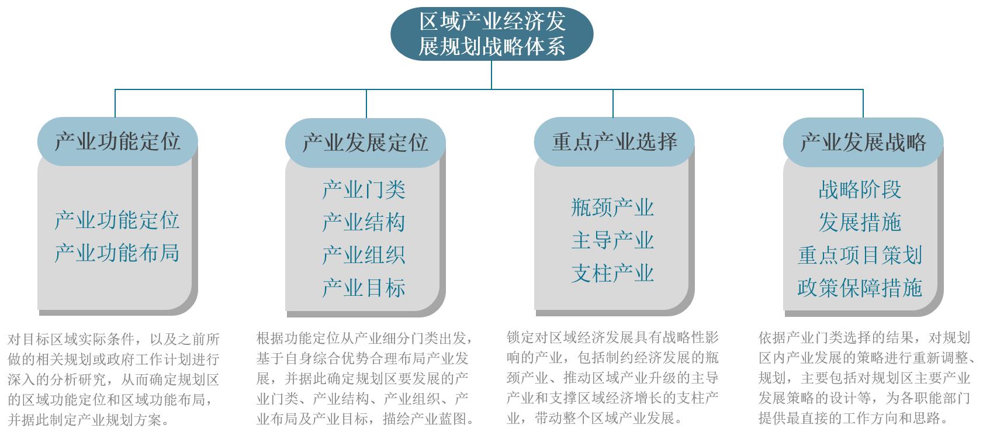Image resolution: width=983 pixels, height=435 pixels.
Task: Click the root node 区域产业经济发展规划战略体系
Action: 491,34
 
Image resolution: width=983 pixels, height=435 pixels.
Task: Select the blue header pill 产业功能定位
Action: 117,141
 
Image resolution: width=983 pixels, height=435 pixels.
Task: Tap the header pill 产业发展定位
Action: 365,143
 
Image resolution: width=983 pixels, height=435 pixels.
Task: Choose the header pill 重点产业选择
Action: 614,141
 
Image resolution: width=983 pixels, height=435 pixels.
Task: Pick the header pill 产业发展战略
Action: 863,142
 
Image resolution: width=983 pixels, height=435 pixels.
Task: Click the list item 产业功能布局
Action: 117,253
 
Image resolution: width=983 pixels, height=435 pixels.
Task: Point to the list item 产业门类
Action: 364,189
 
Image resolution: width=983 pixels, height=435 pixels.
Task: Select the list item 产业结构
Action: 364,222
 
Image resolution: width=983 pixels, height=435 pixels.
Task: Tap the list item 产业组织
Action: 364,255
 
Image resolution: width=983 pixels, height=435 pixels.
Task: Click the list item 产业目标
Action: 364,288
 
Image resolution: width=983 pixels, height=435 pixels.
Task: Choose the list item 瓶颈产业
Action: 612,207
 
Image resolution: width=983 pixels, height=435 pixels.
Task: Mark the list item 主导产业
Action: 612,240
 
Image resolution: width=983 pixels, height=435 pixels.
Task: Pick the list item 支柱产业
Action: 612,274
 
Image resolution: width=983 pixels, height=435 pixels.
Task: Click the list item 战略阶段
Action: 860,189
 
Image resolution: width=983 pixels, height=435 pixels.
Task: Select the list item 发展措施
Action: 860,222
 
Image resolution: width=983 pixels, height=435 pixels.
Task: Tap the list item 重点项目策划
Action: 860,255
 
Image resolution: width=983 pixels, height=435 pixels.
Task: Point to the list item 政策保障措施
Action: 860,288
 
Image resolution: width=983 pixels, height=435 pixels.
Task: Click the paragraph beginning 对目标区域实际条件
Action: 113,379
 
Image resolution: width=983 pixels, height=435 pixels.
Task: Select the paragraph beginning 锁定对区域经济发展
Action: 612,378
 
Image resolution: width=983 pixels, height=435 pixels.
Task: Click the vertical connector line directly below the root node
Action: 491,75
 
